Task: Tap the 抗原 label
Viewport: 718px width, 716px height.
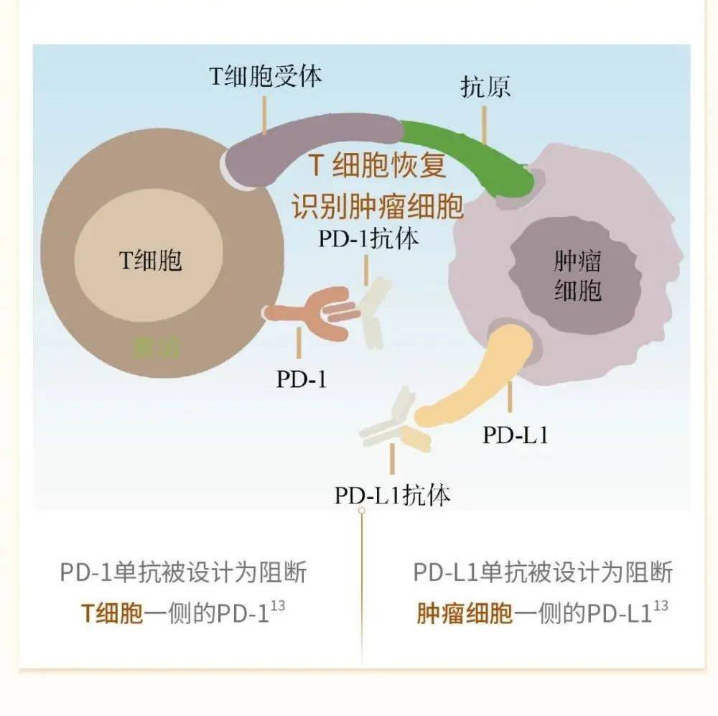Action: point(485,88)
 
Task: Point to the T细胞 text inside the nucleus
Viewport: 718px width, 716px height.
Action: point(150,259)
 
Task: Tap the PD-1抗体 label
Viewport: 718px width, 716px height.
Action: point(368,238)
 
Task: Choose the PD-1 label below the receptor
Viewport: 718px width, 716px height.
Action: point(302,378)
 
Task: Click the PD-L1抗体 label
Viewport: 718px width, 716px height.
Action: point(392,496)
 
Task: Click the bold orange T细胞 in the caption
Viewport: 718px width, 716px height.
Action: point(111,614)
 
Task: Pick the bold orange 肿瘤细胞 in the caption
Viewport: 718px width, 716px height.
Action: point(465,614)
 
